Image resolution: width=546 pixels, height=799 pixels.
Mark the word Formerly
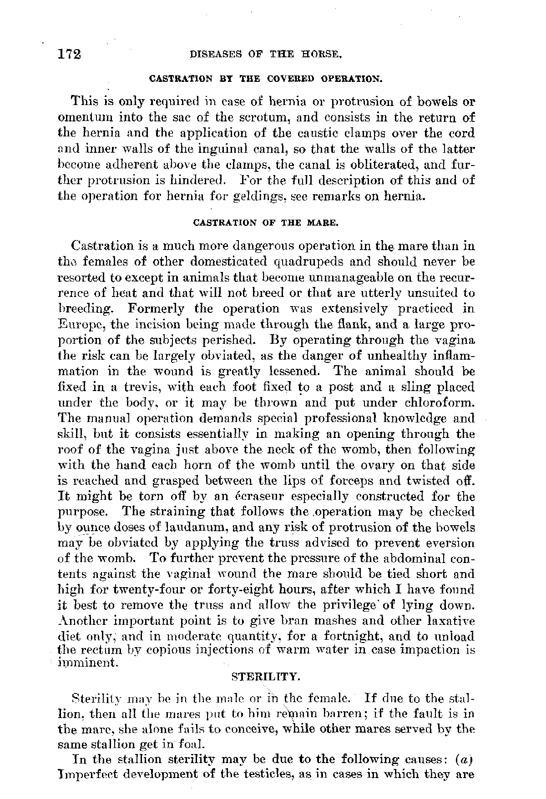click(x=156, y=309)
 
